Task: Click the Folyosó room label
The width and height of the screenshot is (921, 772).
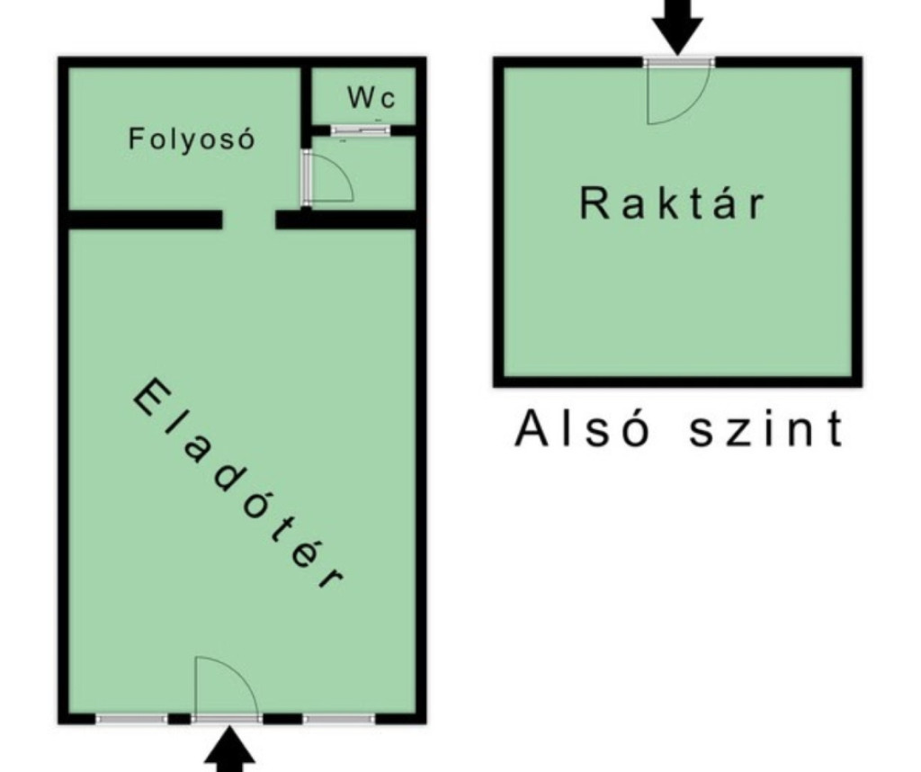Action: point(192,139)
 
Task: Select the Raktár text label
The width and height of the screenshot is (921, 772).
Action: point(672,202)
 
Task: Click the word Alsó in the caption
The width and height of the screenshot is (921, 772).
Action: point(582,429)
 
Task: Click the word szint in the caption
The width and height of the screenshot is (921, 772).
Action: point(766,429)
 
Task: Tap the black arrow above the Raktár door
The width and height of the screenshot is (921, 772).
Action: point(677,26)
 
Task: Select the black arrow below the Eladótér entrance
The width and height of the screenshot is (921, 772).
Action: point(229,750)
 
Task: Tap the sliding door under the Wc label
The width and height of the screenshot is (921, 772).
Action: point(361,130)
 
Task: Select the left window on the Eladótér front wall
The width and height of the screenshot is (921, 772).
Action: point(131,719)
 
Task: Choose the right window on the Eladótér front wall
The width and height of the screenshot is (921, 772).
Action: point(339,719)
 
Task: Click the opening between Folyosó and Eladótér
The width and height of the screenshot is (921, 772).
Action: point(249,220)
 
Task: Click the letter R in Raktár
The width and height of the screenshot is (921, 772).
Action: point(592,202)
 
